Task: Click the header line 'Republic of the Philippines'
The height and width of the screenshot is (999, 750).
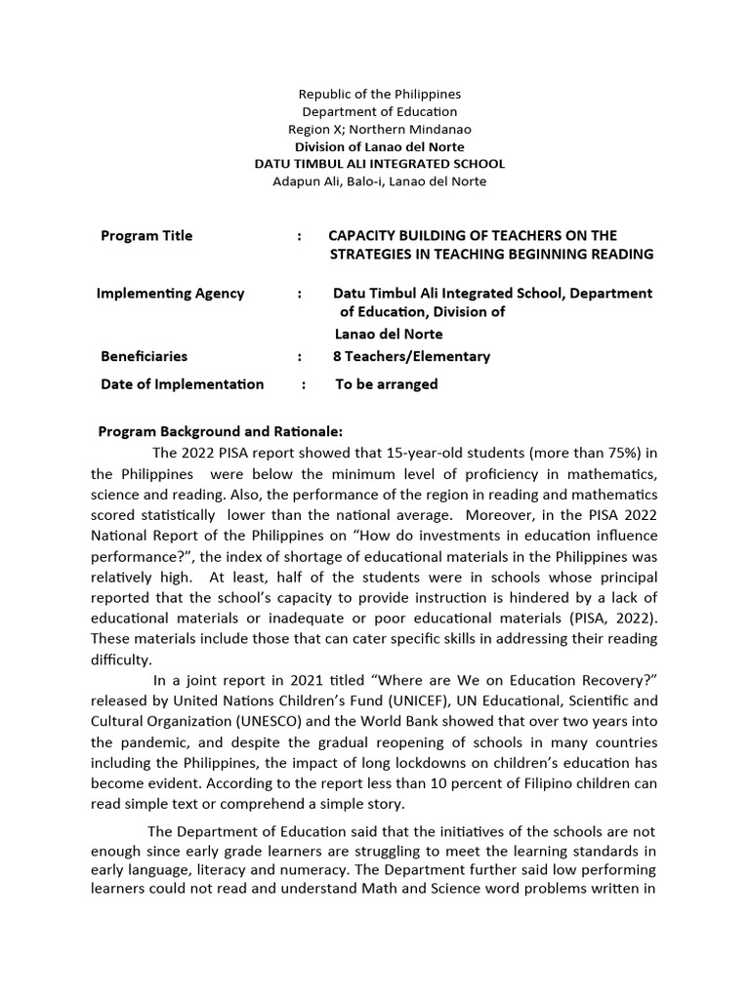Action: (x=379, y=95)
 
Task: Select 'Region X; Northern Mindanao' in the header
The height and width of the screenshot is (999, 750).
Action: (x=379, y=130)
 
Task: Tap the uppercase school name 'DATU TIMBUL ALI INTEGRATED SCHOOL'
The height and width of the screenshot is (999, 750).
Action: (x=379, y=164)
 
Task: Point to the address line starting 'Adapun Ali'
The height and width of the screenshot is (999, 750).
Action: (x=379, y=181)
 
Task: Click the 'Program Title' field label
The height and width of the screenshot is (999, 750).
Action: (x=146, y=236)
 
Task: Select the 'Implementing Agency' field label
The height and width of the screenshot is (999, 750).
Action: (x=170, y=294)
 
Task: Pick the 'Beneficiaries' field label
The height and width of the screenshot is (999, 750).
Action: (x=144, y=357)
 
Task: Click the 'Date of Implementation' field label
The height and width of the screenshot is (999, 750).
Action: (x=182, y=384)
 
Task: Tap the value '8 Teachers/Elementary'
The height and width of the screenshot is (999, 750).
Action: (x=411, y=357)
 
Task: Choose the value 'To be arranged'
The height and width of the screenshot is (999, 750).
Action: (x=387, y=384)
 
